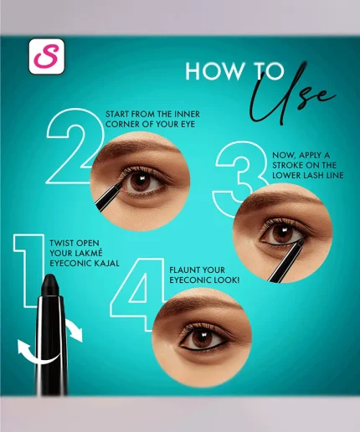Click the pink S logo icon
[x=47, y=56]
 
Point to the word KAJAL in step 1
[x=103, y=262]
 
